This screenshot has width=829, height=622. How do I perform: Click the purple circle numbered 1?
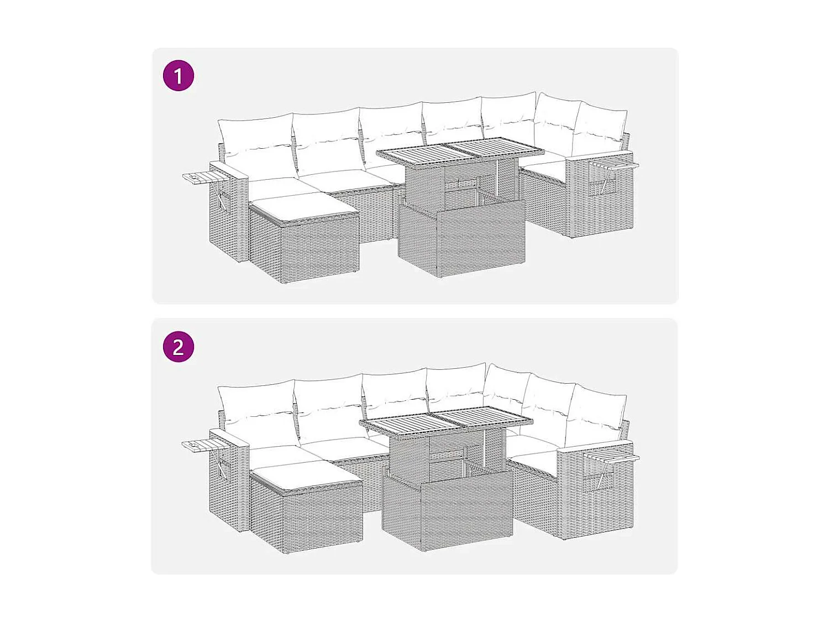pyautogui.click(x=178, y=76)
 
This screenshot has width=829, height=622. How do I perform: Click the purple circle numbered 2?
pyautogui.click(x=178, y=347)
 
